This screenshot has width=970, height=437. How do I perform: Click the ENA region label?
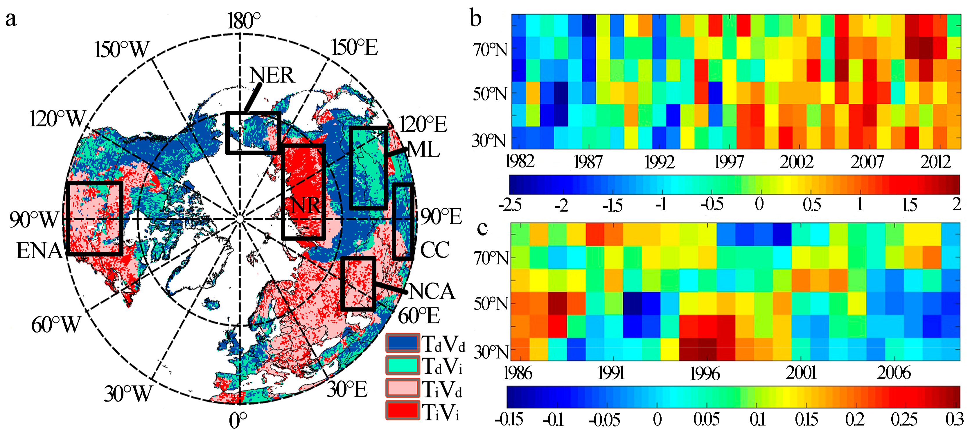coord(39,251)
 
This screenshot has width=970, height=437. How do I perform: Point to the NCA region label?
coord(432,292)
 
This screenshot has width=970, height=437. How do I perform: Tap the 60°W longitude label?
coord(56,325)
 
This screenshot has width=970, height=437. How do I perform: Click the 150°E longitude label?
coord(354,48)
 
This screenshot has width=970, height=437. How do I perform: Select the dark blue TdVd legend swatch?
coord(403,343)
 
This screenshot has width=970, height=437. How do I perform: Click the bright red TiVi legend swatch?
coord(403,411)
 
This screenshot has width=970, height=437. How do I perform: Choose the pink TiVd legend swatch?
coord(403,388)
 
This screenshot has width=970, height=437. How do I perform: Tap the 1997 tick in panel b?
coord(729,162)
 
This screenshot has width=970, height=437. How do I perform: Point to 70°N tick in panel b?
coord(490,50)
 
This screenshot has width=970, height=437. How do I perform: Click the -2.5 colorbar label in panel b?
coord(510,206)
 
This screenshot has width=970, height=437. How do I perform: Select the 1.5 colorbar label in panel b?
coord(909,205)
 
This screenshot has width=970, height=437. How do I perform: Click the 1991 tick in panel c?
coord(611,373)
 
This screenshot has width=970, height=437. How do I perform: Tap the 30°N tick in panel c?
coord(491,352)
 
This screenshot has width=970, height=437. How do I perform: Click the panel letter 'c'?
coord(482,228)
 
